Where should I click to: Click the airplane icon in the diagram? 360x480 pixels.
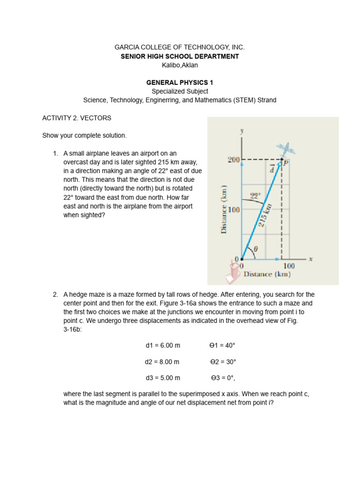pyautogui.click(x=285, y=150)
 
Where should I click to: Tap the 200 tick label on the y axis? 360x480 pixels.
pyautogui.click(x=233, y=160)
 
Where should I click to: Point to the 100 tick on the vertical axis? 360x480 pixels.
pyautogui.click(x=233, y=210)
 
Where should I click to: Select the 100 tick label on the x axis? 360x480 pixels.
pyautogui.click(x=289, y=266)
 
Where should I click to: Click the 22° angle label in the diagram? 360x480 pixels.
pyautogui.click(x=255, y=197)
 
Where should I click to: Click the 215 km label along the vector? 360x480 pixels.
pyautogui.click(x=265, y=214)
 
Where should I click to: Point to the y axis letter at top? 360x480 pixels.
pyautogui.click(x=242, y=132)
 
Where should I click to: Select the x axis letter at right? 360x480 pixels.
pyautogui.click(x=311, y=258)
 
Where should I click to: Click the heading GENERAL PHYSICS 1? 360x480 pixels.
pyautogui.click(x=180, y=82)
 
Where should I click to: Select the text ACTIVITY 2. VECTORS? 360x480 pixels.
pyautogui.click(x=77, y=118)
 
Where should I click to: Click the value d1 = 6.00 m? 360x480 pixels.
pyautogui.click(x=163, y=345)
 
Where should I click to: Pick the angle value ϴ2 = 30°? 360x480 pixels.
pyautogui.click(x=223, y=362)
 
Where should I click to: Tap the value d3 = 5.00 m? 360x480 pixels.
pyautogui.click(x=163, y=378)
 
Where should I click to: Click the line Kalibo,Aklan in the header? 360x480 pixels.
pyautogui.click(x=180, y=65)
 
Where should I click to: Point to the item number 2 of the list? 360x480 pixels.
pyautogui.click(x=55, y=294)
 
